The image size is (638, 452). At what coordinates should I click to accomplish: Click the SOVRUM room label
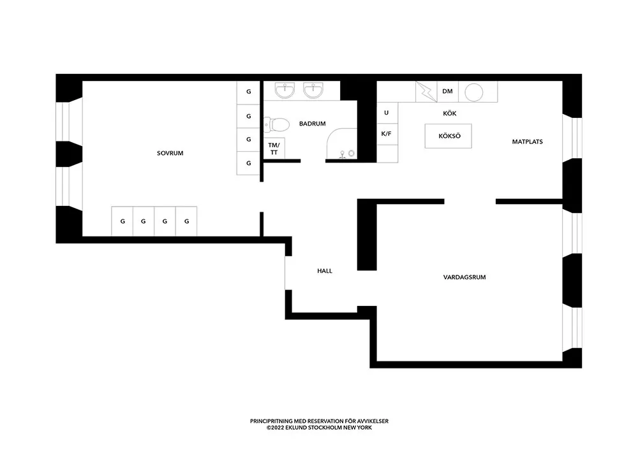[170, 153]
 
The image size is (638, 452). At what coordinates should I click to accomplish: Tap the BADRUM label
[312, 124]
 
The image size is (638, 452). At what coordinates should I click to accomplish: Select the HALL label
[325, 271]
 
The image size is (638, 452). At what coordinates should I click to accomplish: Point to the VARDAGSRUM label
[464, 277]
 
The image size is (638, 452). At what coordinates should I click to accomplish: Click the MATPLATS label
[528, 142]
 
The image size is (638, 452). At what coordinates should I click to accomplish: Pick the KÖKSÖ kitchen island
[449, 136]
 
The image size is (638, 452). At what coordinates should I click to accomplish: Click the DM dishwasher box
[448, 91]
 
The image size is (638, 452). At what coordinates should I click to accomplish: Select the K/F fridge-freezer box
[387, 134]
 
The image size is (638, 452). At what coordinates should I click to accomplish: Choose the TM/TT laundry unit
[274, 149]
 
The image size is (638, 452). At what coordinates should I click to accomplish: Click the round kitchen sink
[473, 92]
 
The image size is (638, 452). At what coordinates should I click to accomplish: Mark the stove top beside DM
[426, 91]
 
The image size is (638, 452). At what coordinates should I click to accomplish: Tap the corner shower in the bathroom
[342, 144]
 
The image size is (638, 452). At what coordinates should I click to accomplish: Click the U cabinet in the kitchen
[387, 113]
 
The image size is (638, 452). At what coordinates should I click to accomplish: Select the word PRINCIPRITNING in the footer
[271, 421]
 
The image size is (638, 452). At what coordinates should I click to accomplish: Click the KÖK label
[450, 113]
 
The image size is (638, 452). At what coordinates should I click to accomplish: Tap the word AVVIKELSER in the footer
[373, 421]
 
